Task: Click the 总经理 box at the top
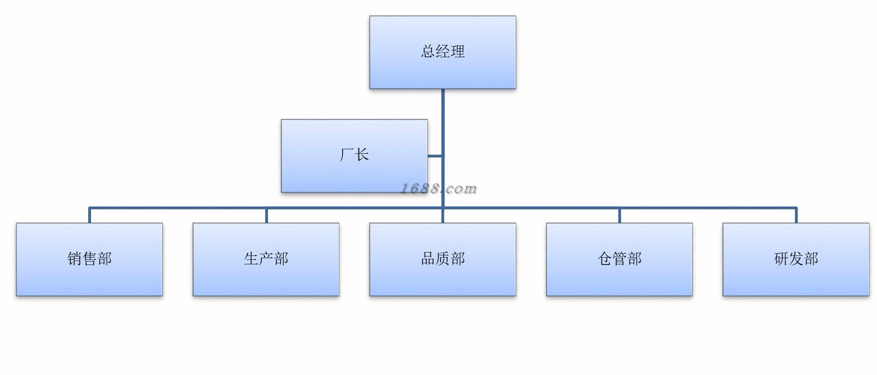pos(442,52)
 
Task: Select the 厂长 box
pos(355,156)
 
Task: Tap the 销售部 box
pos(89,259)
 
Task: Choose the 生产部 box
pos(266,259)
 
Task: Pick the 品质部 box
pos(442,259)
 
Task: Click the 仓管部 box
pos(619,259)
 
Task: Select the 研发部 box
pos(796,259)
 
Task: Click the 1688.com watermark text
pos(438,189)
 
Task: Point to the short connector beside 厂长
pos(435,156)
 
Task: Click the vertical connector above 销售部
pos(89,215)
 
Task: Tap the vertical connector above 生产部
pos(266,215)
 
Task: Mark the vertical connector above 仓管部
pos(619,215)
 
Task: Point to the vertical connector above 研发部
pos(796,215)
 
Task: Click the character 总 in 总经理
pos(428,51)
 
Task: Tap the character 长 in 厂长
pos(362,154)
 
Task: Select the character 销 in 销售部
pos(74,258)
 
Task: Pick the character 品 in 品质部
pos(428,258)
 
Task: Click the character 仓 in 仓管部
pos(605,258)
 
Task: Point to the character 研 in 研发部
pos(781,258)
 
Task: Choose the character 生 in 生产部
pos(251,258)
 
